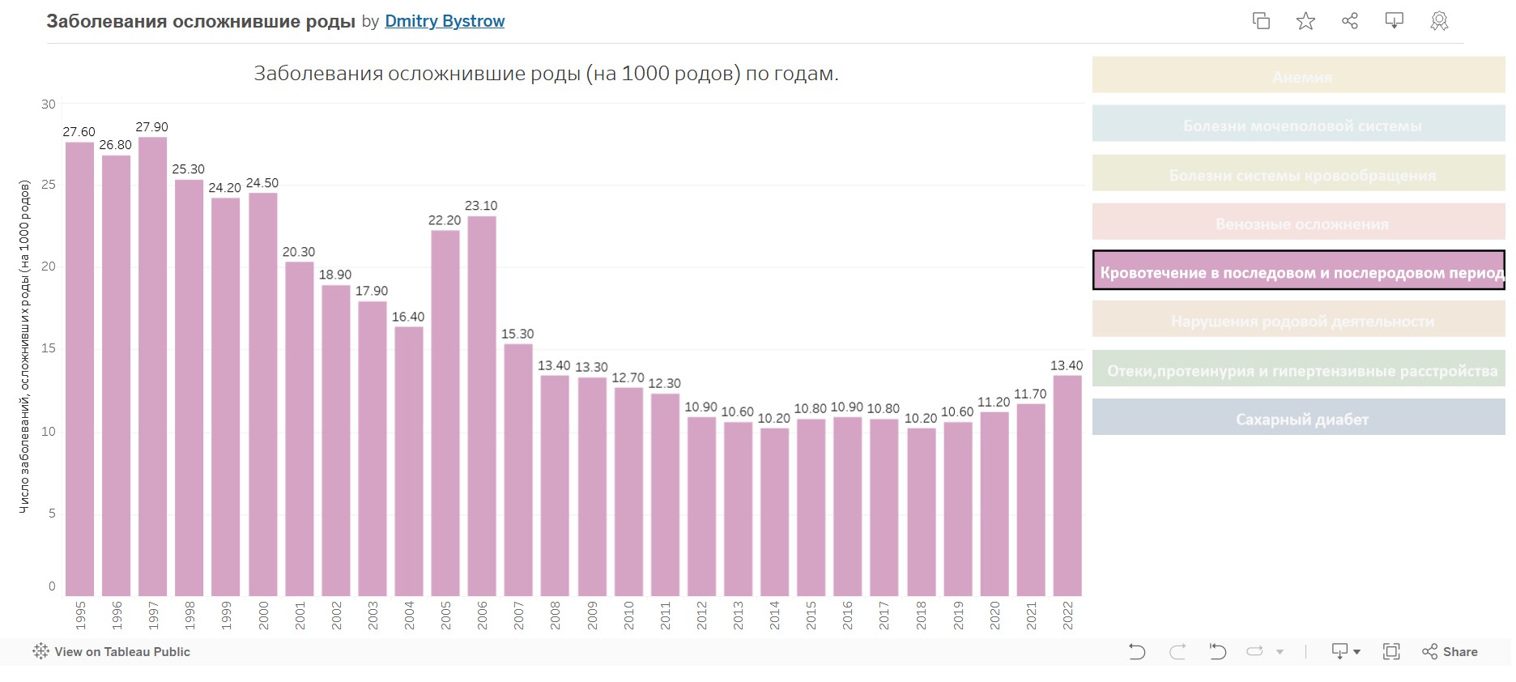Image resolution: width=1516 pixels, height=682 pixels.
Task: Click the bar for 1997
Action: pos(152,366)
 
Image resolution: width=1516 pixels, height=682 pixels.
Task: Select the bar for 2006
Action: pos(482,405)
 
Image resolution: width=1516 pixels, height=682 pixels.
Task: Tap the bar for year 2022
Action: pos(1067,485)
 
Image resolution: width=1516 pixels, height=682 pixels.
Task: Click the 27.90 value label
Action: pos(151,127)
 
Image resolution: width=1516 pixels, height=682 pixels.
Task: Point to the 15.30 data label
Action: pos(517,334)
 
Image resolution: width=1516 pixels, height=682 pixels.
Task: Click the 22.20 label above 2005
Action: pos(445,220)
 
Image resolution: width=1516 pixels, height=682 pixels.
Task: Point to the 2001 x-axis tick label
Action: pos(300,616)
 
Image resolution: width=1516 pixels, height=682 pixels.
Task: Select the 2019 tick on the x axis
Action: pos(958,616)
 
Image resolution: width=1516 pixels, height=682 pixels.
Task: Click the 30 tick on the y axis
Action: pos(49,104)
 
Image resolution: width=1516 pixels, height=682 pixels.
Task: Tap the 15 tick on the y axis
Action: pos(49,348)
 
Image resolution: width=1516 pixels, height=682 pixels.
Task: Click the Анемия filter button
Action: pos(1298,75)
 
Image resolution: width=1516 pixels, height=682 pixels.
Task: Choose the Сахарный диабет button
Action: pos(1298,418)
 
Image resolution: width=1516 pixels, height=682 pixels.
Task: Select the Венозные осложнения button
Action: pos(1298,222)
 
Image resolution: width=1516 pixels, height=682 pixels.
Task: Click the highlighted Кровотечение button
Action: pos(1298,271)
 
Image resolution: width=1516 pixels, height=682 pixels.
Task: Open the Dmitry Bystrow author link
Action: pos(445,21)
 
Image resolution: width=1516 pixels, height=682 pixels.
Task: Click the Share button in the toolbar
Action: pos(1450,652)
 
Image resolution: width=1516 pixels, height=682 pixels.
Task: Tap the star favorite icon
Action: pos(1305,21)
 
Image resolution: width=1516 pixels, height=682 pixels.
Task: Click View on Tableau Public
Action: pos(112,652)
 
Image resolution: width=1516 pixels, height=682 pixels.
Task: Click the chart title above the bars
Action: pos(546,74)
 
